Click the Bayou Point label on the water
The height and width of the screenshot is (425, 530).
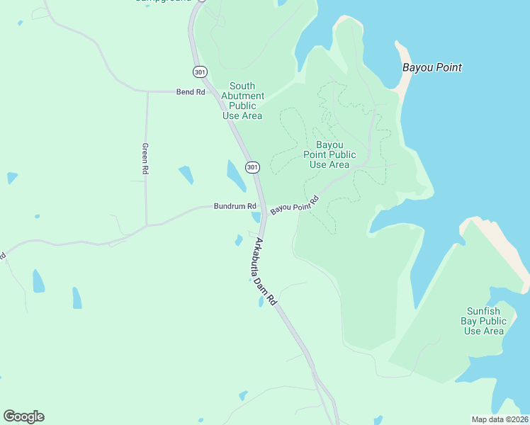pos(432,68)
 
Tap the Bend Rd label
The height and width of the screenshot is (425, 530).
pos(191,92)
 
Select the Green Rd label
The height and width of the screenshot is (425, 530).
pos(145,159)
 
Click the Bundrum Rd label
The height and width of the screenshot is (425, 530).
pos(235,206)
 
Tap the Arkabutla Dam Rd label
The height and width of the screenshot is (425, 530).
pos(265,272)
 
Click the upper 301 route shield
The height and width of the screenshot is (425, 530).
pos(199,72)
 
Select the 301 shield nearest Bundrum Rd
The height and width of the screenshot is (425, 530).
pos(252,167)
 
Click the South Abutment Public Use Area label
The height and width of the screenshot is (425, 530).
pos(243,101)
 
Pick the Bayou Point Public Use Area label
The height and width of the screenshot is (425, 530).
pos(329,154)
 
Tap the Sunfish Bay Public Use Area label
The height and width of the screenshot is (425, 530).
pos(484,321)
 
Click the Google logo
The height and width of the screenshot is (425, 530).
pos(23,416)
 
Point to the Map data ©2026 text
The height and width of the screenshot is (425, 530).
pos(500,419)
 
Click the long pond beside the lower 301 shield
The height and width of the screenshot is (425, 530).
pos(235,174)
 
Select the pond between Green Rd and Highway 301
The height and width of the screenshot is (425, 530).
pos(186,174)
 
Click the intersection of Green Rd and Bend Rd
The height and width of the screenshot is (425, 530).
pos(147,92)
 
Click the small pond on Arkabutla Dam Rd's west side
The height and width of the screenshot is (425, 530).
pos(239,240)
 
